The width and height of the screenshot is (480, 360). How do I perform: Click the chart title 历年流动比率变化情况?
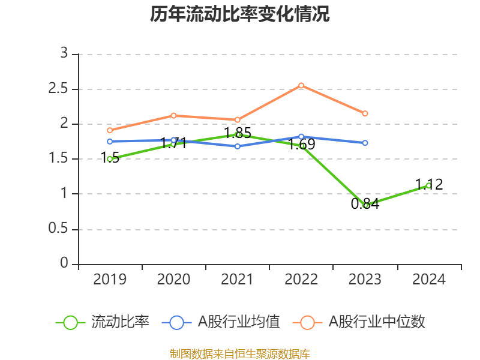click(x=240, y=14)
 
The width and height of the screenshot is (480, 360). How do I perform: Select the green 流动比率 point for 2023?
click(x=365, y=205)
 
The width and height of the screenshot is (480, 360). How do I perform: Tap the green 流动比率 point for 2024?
click(x=428, y=185)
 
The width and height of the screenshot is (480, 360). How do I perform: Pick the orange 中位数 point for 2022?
click(x=301, y=85)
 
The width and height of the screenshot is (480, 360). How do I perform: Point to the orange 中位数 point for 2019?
click(x=110, y=130)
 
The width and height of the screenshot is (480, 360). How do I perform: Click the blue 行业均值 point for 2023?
click(x=365, y=143)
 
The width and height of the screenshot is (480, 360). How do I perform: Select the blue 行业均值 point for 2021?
click(x=238, y=146)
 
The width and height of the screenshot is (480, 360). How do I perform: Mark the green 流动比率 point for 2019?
click(x=110, y=159)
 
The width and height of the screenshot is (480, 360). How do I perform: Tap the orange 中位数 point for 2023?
click(x=365, y=113)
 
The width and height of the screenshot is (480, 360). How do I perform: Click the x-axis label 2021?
click(x=238, y=280)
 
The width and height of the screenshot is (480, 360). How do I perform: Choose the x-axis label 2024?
click(x=429, y=280)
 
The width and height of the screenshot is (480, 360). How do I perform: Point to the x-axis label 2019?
click(x=110, y=280)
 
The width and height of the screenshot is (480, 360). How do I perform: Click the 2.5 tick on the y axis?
click(x=60, y=89)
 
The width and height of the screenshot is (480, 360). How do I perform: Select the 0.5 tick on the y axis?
click(x=60, y=230)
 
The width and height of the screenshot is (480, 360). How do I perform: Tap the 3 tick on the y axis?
click(x=64, y=54)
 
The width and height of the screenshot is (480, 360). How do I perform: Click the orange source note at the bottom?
click(x=240, y=353)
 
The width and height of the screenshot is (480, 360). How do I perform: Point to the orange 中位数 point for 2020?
click(x=173, y=115)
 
